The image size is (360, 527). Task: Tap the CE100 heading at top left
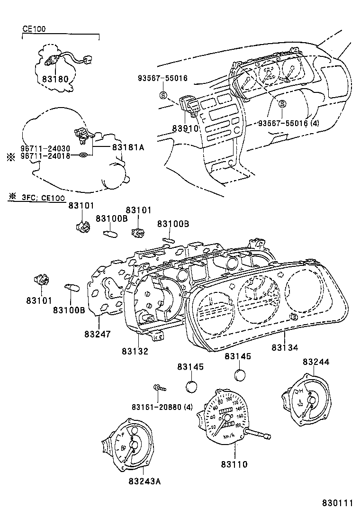pyautogui.click(x=34, y=28)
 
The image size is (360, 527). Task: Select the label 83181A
pyautogui.click(x=128, y=148)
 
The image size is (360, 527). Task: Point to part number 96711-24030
pyautogui.click(x=44, y=148)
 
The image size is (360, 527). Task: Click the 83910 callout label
pyautogui.click(x=184, y=128)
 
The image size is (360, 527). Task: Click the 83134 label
pyautogui.click(x=285, y=347)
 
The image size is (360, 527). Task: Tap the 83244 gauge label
pyautogui.click(x=316, y=362)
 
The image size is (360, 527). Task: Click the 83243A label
pyautogui.click(x=144, y=482)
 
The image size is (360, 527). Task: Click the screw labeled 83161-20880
pyautogui.click(x=159, y=389)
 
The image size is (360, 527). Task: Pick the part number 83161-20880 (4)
pyautogui.click(x=162, y=407)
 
